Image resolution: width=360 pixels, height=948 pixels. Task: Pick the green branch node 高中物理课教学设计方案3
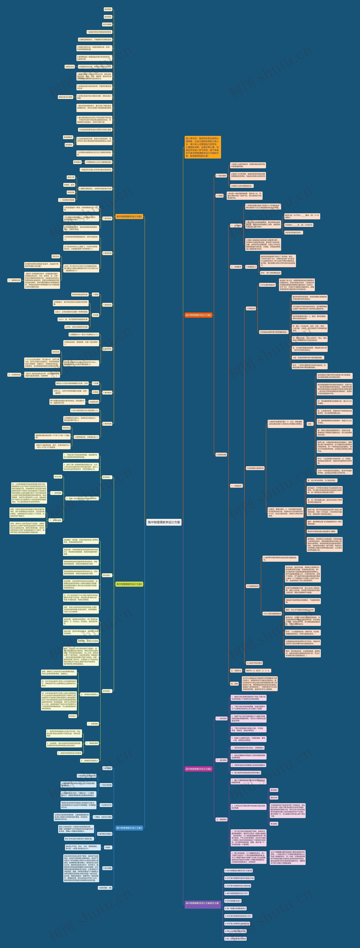129,584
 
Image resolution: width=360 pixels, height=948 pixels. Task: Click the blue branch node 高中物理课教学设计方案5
129,828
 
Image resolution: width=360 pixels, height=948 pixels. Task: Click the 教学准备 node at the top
108,9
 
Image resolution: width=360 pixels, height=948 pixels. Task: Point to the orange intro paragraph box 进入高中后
202,147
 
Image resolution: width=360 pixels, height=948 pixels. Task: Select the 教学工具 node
71,177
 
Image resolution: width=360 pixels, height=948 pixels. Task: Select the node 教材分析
274,797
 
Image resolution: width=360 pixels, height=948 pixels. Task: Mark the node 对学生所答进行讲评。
293,233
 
